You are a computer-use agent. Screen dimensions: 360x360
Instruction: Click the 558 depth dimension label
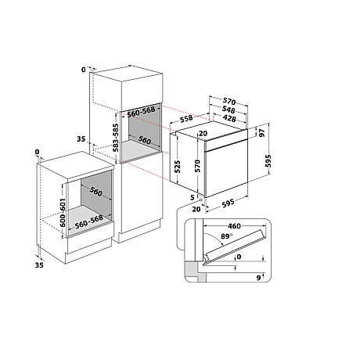pyautogui.click(x=186, y=119)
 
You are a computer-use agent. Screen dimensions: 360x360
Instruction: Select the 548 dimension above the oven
pyautogui.click(x=229, y=110)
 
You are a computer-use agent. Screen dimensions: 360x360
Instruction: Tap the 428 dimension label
pyautogui.click(x=229, y=119)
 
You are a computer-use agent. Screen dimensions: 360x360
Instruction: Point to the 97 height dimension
pyautogui.click(x=262, y=132)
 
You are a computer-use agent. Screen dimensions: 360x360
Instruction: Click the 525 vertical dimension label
pyautogui.click(x=177, y=167)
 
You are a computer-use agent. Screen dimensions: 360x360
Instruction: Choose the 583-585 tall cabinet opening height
pyautogui.click(x=115, y=138)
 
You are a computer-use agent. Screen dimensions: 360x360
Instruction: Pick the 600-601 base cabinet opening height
pyautogui.click(x=63, y=213)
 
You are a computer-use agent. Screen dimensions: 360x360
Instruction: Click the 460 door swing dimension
pyautogui.click(x=234, y=226)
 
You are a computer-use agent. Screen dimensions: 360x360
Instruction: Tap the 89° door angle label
pyautogui.click(x=226, y=236)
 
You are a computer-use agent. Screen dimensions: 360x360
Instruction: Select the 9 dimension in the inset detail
pyautogui.click(x=258, y=278)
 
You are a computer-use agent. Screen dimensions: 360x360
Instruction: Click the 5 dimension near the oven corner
pyautogui.click(x=193, y=197)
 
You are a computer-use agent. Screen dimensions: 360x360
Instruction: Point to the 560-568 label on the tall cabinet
pyautogui.click(x=141, y=112)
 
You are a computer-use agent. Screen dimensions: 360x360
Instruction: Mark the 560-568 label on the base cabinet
pyautogui.click(x=89, y=221)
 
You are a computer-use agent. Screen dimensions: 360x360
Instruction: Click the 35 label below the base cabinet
pyautogui.click(x=39, y=265)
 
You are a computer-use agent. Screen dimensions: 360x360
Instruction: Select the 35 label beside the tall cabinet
pyautogui.click(x=81, y=139)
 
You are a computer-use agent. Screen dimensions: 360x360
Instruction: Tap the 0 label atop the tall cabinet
pyautogui.click(x=84, y=70)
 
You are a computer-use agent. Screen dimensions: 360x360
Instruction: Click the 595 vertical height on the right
pyautogui.click(x=268, y=161)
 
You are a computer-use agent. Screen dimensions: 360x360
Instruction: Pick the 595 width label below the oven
pyautogui.click(x=228, y=203)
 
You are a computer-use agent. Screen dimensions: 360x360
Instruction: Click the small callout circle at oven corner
pyautogui.click(x=201, y=200)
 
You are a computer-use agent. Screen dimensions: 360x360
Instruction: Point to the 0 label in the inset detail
pyautogui.click(x=239, y=257)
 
